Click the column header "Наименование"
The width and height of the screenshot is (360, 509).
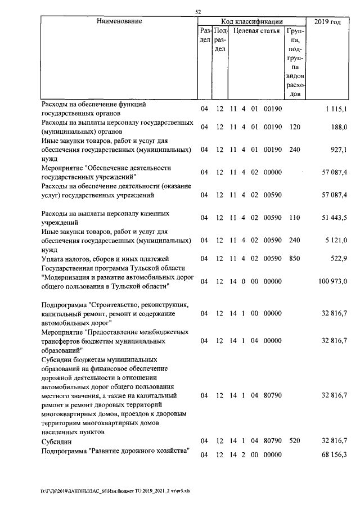[x=119, y=21]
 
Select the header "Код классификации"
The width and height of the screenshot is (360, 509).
[x=251, y=21]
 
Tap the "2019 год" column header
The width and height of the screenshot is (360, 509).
[x=327, y=21]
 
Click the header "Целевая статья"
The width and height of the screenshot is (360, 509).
[x=256, y=31]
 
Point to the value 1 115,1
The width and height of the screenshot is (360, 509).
[x=336, y=109]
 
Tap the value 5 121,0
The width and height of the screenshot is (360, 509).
[x=336, y=240]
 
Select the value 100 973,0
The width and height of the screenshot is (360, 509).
[x=332, y=281]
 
